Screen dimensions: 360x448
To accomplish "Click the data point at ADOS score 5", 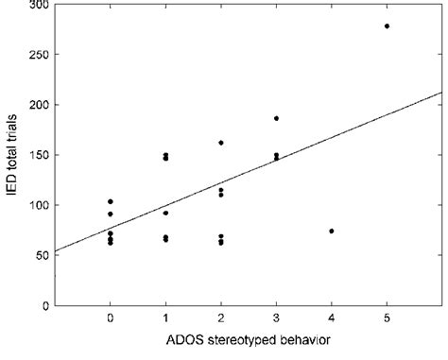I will (387, 26).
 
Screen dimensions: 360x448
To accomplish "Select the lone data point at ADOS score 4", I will (332, 231).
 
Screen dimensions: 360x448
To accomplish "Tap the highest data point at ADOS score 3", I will (276, 118).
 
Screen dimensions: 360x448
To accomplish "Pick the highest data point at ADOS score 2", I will (221, 143).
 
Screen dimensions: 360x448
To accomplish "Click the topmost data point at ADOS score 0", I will (111, 201).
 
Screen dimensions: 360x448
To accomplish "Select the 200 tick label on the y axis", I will (38, 105).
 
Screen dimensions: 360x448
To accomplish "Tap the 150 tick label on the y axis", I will (38, 155).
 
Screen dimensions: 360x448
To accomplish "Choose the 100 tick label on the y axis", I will (38, 205).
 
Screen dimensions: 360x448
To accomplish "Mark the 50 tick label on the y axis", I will (41, 255).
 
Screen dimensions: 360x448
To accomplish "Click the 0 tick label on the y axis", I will (44, 305).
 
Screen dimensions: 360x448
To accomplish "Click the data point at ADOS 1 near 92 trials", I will (165, 213).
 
